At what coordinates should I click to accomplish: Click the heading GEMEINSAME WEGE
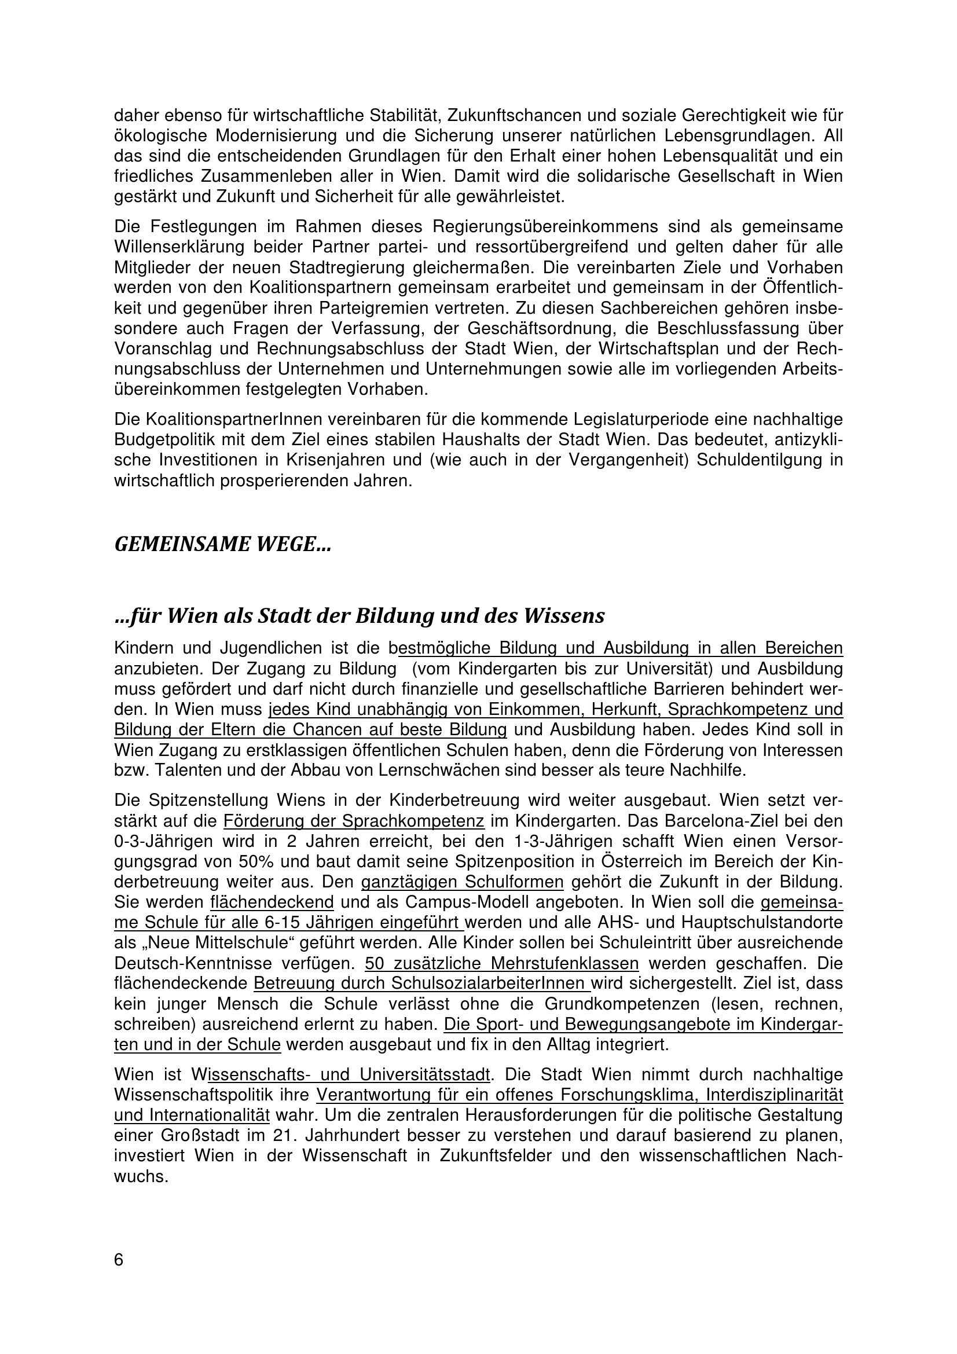click(x=222, y=544)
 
